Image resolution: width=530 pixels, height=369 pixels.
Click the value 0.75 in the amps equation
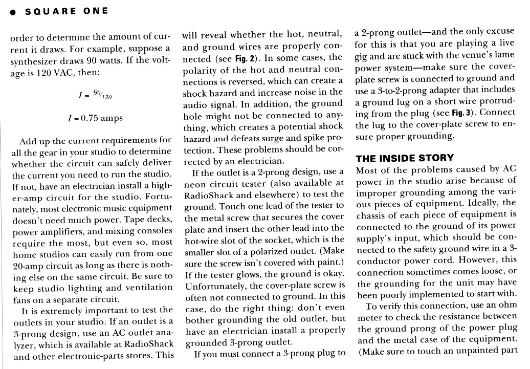pos(90,118)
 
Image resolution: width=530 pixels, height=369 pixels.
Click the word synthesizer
pos(35,61)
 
